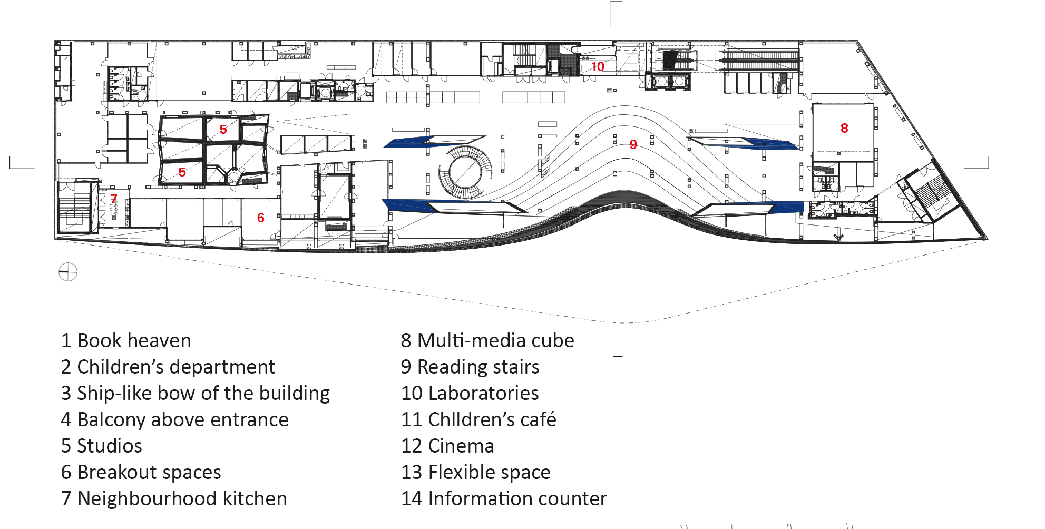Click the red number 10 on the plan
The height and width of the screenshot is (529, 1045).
tap(598, 67)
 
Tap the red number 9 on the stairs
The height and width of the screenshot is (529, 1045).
tap(633, 144)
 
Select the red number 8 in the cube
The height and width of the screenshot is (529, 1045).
tap(844, 128)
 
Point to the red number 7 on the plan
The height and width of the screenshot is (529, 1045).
tap(113, 199)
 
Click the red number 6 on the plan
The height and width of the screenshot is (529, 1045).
tap(260, 218)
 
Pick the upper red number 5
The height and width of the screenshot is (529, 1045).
tap(223, 129)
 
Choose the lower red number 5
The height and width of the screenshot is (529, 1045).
tap(182, 172)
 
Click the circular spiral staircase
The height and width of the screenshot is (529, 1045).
tap(466, 172)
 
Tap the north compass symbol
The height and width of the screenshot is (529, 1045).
tap(68, 272)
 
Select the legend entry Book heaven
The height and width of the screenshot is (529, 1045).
tap(126, 340)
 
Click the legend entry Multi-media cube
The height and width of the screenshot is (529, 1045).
tap(487, 340)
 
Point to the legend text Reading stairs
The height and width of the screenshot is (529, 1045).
tap(470, 367)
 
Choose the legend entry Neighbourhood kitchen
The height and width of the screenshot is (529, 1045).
tap(174, 498)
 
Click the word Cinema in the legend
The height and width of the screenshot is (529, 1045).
tap(461, 446)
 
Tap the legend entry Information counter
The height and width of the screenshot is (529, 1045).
tap(504, 498)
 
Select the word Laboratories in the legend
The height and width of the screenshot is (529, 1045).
tap(483, 393)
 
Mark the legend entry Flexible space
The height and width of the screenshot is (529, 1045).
tap(476, 472)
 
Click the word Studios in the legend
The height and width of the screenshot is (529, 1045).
tap(110, 446)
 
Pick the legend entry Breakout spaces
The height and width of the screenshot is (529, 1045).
tap(141, 472)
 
